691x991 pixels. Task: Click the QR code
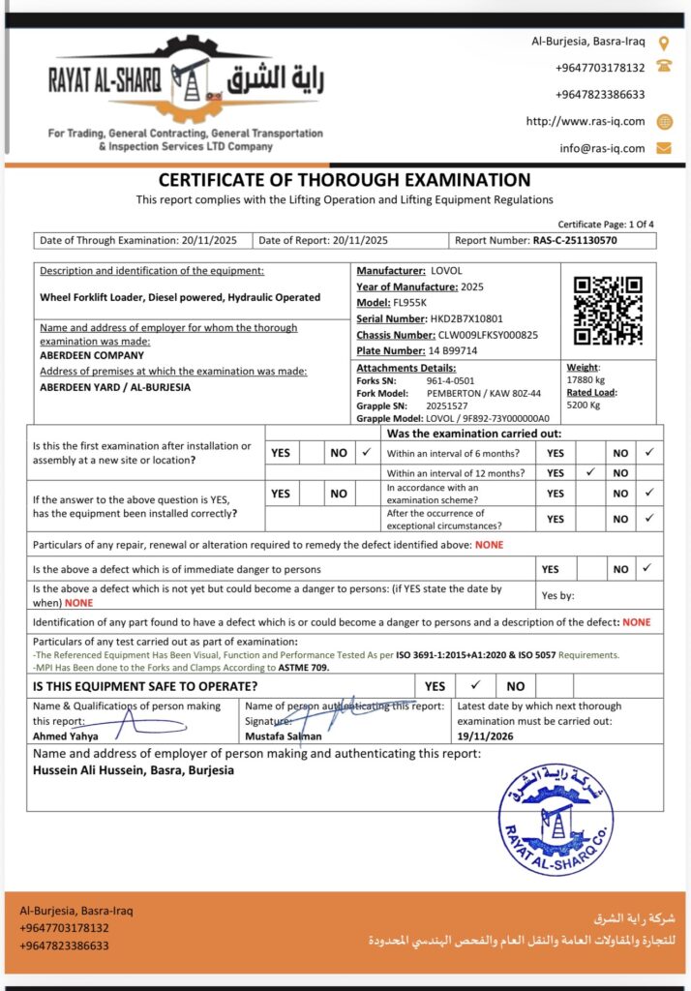[x=608, y=311]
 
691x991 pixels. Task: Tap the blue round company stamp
[x=555, y=820]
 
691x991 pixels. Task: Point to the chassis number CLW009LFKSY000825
[x=488, y=335]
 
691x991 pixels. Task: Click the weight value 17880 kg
[x=587, y=379]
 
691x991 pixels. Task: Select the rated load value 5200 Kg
[x=585, y=405]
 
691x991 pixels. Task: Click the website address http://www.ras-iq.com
[x=586, y=121]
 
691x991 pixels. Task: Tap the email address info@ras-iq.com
[x=602, y=148]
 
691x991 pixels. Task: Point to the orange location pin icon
[x=663, y=43]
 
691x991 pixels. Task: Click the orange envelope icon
[x=663, y=148]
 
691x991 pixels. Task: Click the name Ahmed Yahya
[x=64, y=736]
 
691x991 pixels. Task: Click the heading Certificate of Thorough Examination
[x=345, y=180]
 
